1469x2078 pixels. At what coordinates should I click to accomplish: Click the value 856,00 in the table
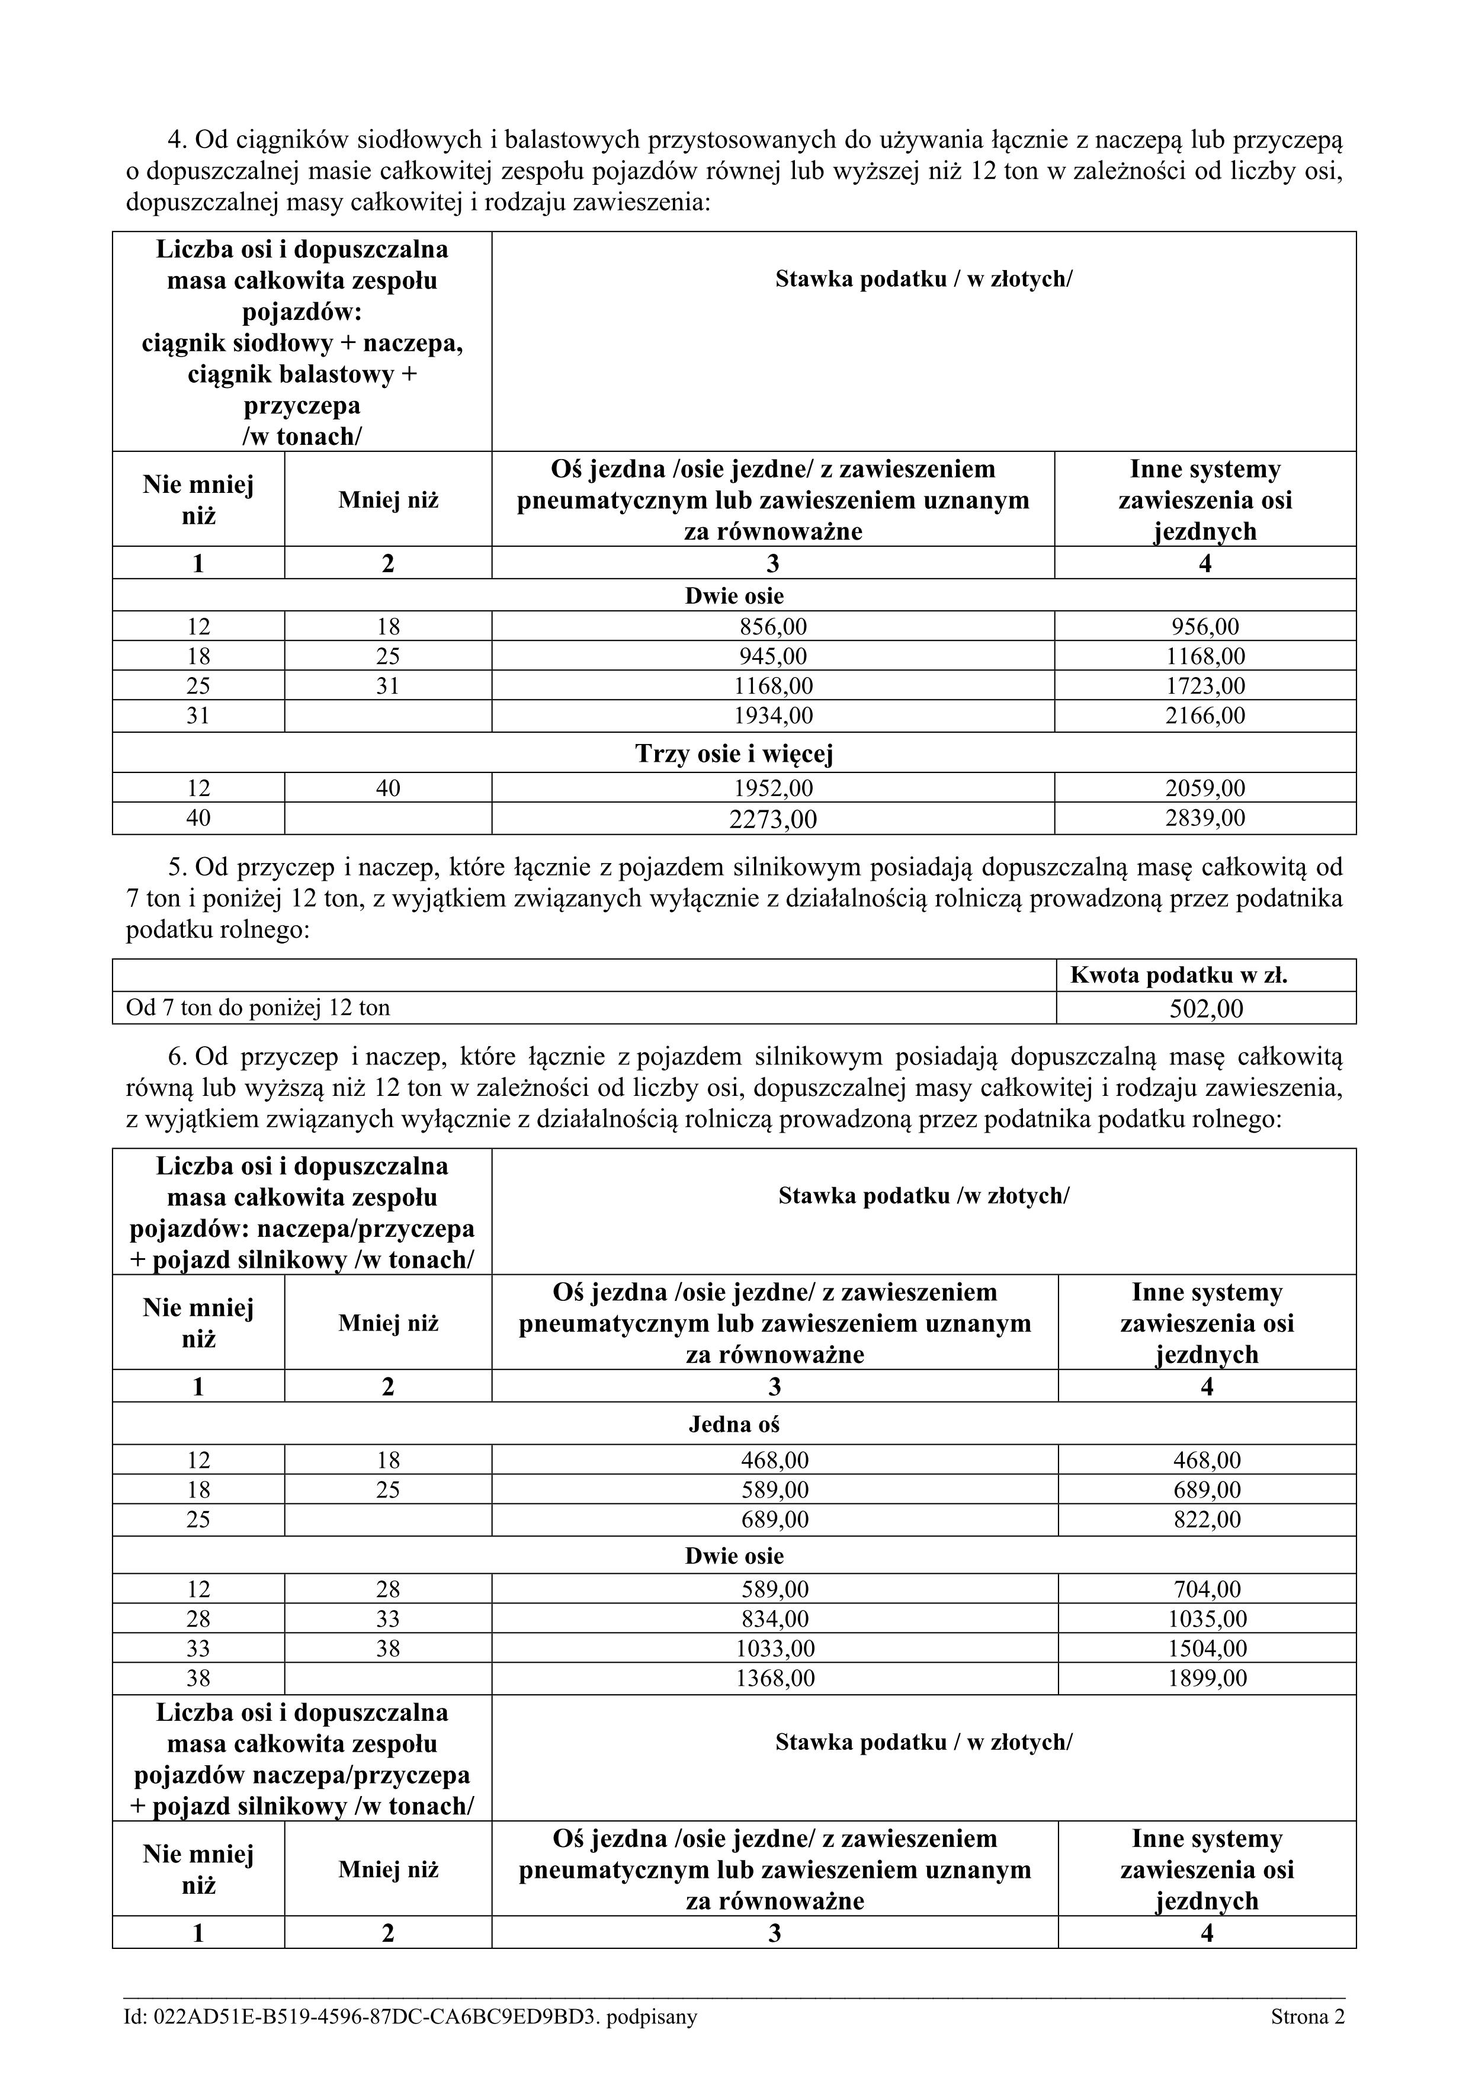(x=773, y=626)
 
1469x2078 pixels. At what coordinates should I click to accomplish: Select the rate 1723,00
(x=1205, y=686)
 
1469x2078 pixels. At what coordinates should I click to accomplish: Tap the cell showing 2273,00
(x=773, y=819)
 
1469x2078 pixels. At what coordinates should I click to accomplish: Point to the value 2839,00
(x=1205, y=818)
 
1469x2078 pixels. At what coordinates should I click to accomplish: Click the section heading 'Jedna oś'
(x=734, y=1425)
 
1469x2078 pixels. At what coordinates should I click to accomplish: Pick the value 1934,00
(x=773, y=716)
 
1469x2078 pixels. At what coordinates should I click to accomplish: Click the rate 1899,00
(x=1207, y=1679)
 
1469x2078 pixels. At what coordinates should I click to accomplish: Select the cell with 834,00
(x=775, y=1619)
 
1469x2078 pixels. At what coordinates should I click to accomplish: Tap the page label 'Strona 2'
(x=1307, y=2016)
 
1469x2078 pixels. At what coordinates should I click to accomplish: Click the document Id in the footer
(x=411, y=2016)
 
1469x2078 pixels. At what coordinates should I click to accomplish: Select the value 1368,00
(x=775, y=1679)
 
